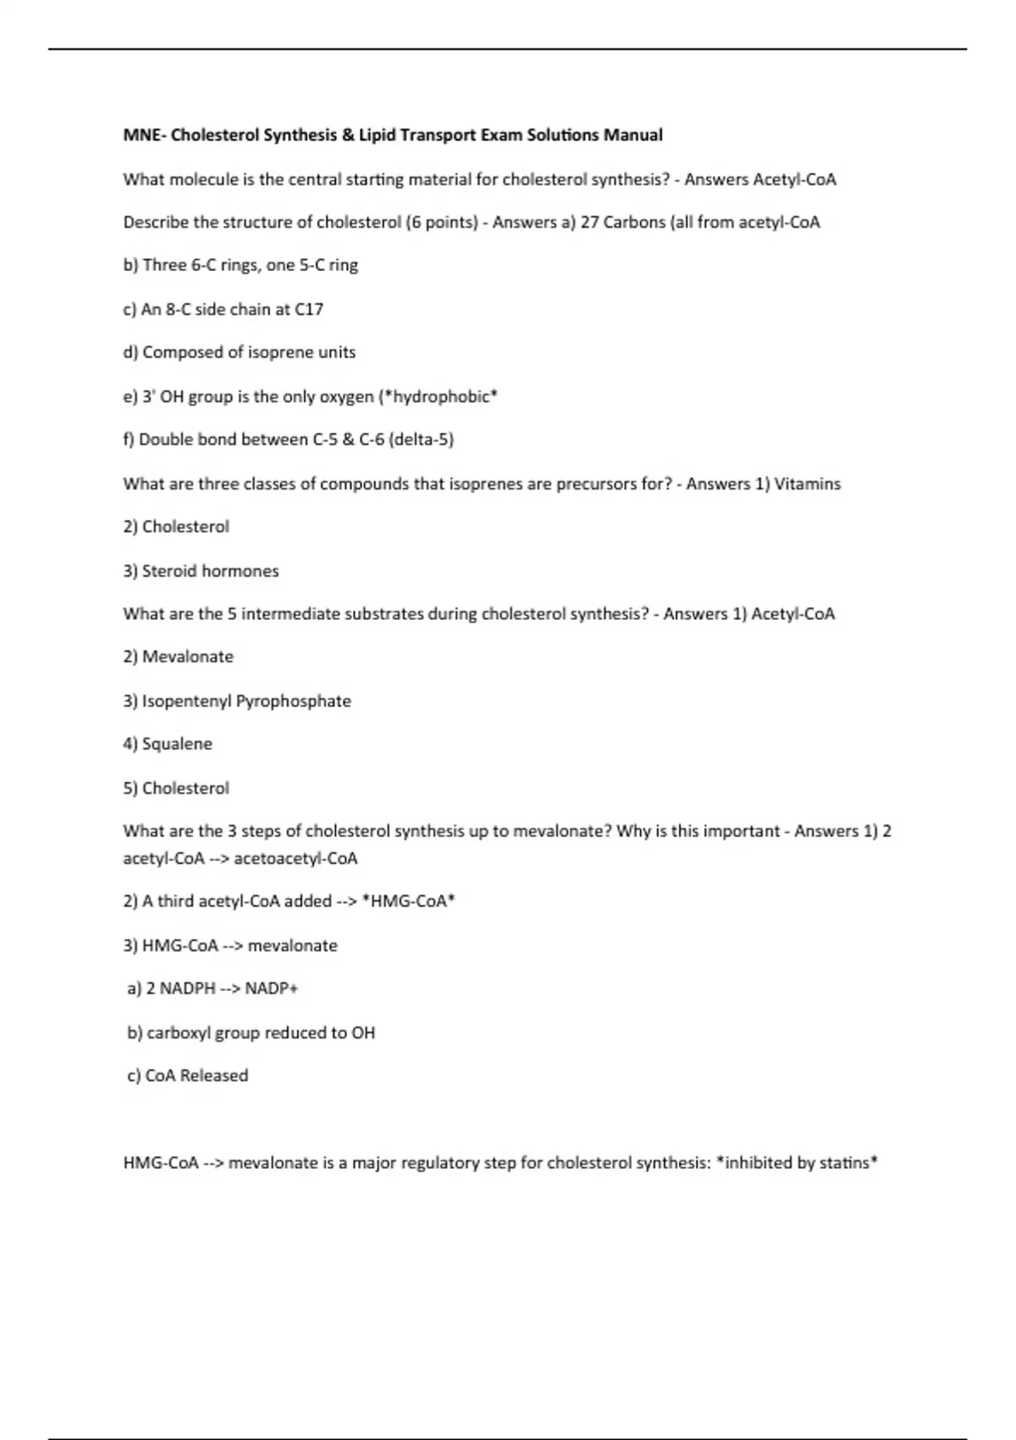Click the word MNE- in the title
click(x=144, y=135)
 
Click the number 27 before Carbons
click(x=589, y=222)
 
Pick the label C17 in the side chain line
click(x=308, y=309)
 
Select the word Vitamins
click(x=808, y=484)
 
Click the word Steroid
click(x=169, y=571)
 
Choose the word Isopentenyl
click(x=186, y=701)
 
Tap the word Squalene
click(x=177, y=744)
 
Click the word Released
click(x=213, y=1076)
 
